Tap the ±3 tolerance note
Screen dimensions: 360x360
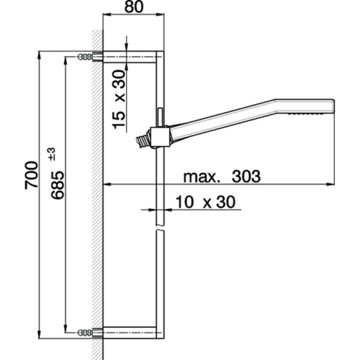click(x=51, y=153)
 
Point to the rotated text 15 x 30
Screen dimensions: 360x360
click(x=120, y=99)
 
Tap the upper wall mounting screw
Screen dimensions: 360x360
click(x=87, y=56)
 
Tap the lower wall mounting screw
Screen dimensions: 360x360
click(x=87, y=332)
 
